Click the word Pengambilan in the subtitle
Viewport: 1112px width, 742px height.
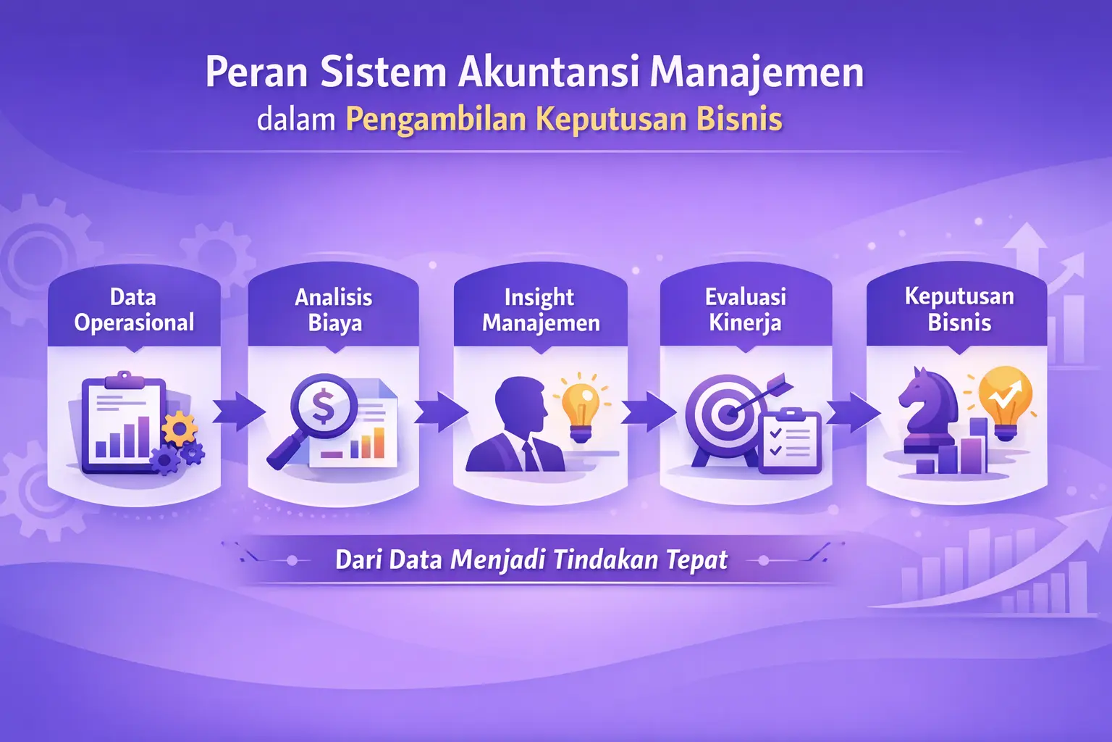coord(436,120)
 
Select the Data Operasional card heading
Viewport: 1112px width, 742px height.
coord(134,309)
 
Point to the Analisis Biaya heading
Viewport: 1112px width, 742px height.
coord(334,309)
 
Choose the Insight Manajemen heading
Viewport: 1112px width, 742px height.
coord(540,309)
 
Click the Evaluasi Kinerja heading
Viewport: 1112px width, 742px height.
coord(746,309)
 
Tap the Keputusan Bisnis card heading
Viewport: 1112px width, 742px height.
coord(959,309)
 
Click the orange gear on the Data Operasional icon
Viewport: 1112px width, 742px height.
coord(179,429)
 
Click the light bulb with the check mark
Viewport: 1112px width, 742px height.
coord(1005,400)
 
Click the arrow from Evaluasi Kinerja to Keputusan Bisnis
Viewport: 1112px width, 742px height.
coord(852,412)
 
